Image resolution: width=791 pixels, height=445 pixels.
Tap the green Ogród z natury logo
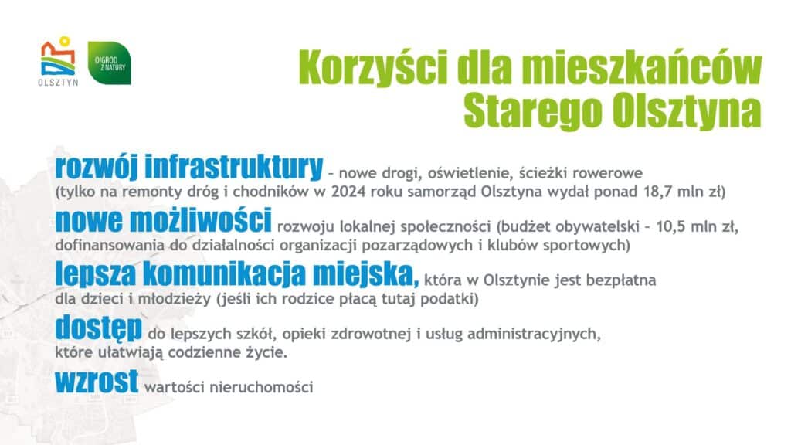point(109,63)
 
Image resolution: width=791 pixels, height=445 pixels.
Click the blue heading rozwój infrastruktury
point(188,165)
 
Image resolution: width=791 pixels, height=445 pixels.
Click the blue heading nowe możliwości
point(163,222)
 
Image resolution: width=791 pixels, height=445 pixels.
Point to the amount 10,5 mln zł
point(698,228)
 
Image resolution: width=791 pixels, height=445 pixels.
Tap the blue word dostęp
point(98,330)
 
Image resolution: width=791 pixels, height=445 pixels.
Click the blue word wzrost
point(97,381)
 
